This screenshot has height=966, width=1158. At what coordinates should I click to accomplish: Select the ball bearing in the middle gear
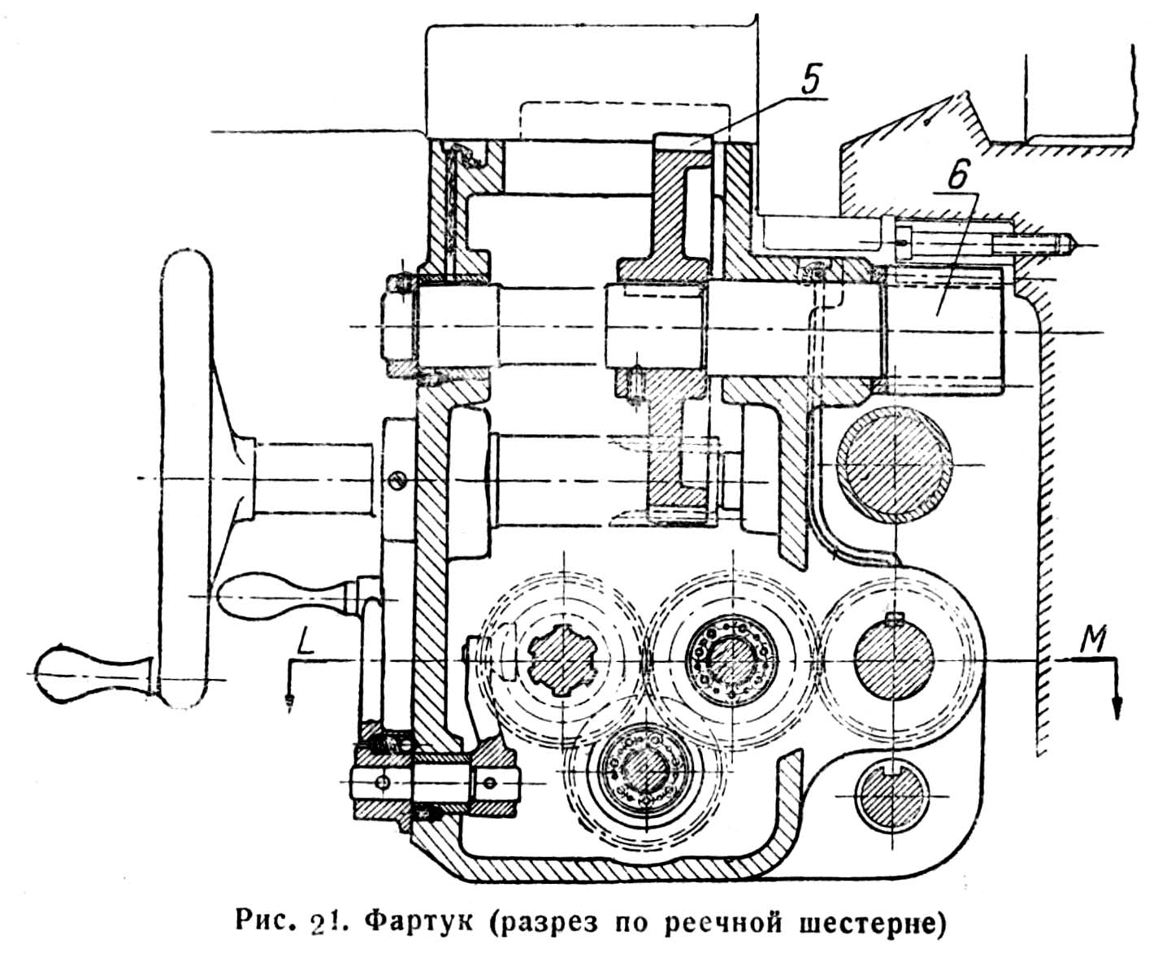tap(729, 655)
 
